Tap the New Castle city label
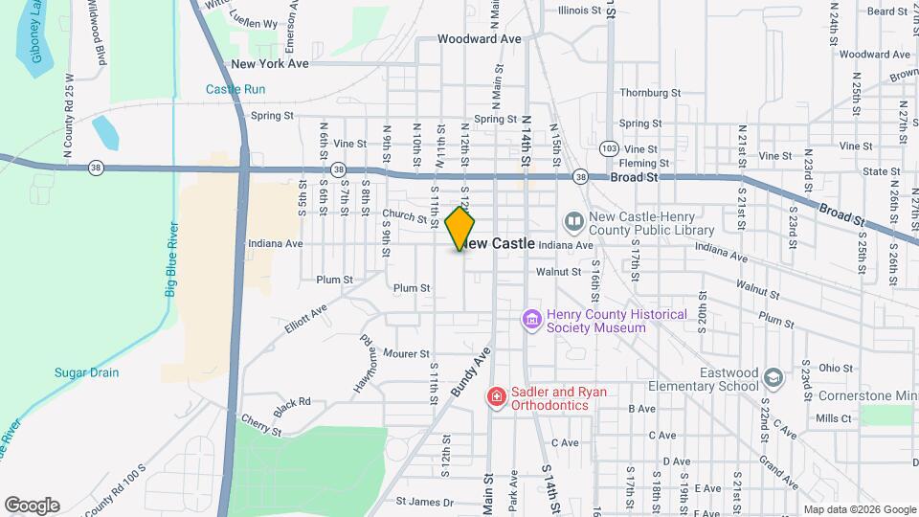pos(502,244)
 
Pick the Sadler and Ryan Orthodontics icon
pos(496,396)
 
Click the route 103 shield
pos(610,148)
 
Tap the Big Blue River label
pos(171,259)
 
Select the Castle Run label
pos(235,89)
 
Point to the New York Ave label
pos(270,64)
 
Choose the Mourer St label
pos(406,353)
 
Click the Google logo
pos(32,506)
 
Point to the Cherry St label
pos(261,425)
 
